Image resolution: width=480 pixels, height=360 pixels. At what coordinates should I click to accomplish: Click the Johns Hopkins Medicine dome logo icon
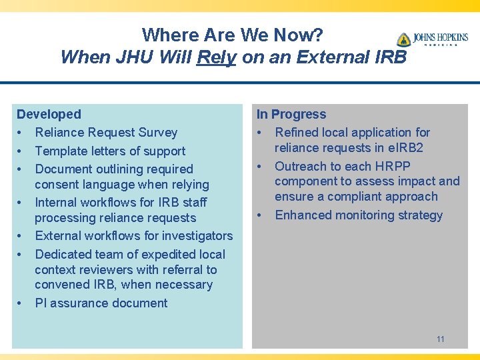coord(403,39)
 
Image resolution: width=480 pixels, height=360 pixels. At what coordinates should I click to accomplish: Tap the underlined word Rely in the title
coord(217,57)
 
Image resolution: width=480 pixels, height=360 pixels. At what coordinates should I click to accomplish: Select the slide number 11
coord(441,339)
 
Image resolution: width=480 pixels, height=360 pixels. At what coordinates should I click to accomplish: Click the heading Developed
coord(49,115)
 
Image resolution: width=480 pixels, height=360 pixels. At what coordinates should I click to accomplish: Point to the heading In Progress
coord(291,115)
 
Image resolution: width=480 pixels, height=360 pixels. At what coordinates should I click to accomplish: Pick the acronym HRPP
coord(393,166)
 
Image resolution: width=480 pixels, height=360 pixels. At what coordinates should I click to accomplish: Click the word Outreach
coord(301,166)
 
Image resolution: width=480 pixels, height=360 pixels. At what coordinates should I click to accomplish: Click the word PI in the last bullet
coord(41,303)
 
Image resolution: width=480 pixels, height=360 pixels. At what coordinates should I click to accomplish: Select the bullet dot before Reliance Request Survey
coord(21,133)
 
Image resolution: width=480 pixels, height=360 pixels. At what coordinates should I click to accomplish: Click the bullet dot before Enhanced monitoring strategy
coord(261,215)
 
